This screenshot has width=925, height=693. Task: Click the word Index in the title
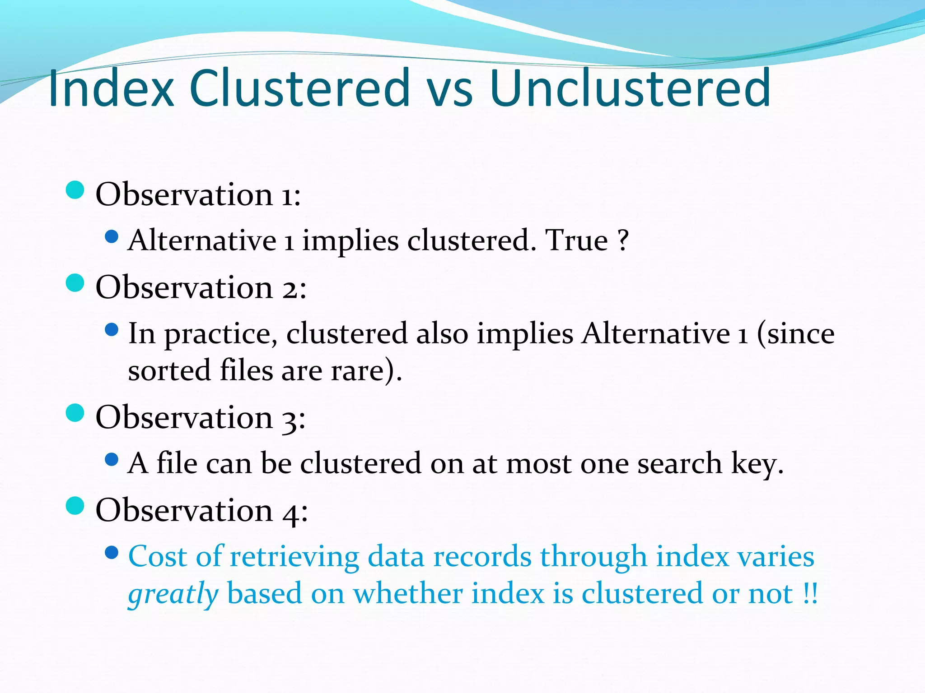click(x=111, y=88)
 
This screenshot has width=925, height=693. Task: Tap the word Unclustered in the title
click(x=630, y=88)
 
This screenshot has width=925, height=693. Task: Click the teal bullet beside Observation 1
click(x=75, y=190)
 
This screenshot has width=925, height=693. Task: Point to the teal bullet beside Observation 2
click(x=75, y=283)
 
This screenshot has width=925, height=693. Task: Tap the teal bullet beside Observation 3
click(x=75, y=413)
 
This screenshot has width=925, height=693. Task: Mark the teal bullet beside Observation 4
click(x=75, y=506)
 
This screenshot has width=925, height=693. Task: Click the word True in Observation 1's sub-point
click(x=577, y=240)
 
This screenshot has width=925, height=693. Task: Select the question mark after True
click(x=623, y=240)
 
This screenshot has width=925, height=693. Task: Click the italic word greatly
click(x=173, y=595)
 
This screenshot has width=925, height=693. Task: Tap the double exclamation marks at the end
click(x=810, y=594)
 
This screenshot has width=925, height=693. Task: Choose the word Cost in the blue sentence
click(x=157, y=556)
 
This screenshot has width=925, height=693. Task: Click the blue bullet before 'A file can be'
click(x=111, y=460)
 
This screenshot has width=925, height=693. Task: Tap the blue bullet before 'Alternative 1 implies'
click(x=111, y=236)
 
